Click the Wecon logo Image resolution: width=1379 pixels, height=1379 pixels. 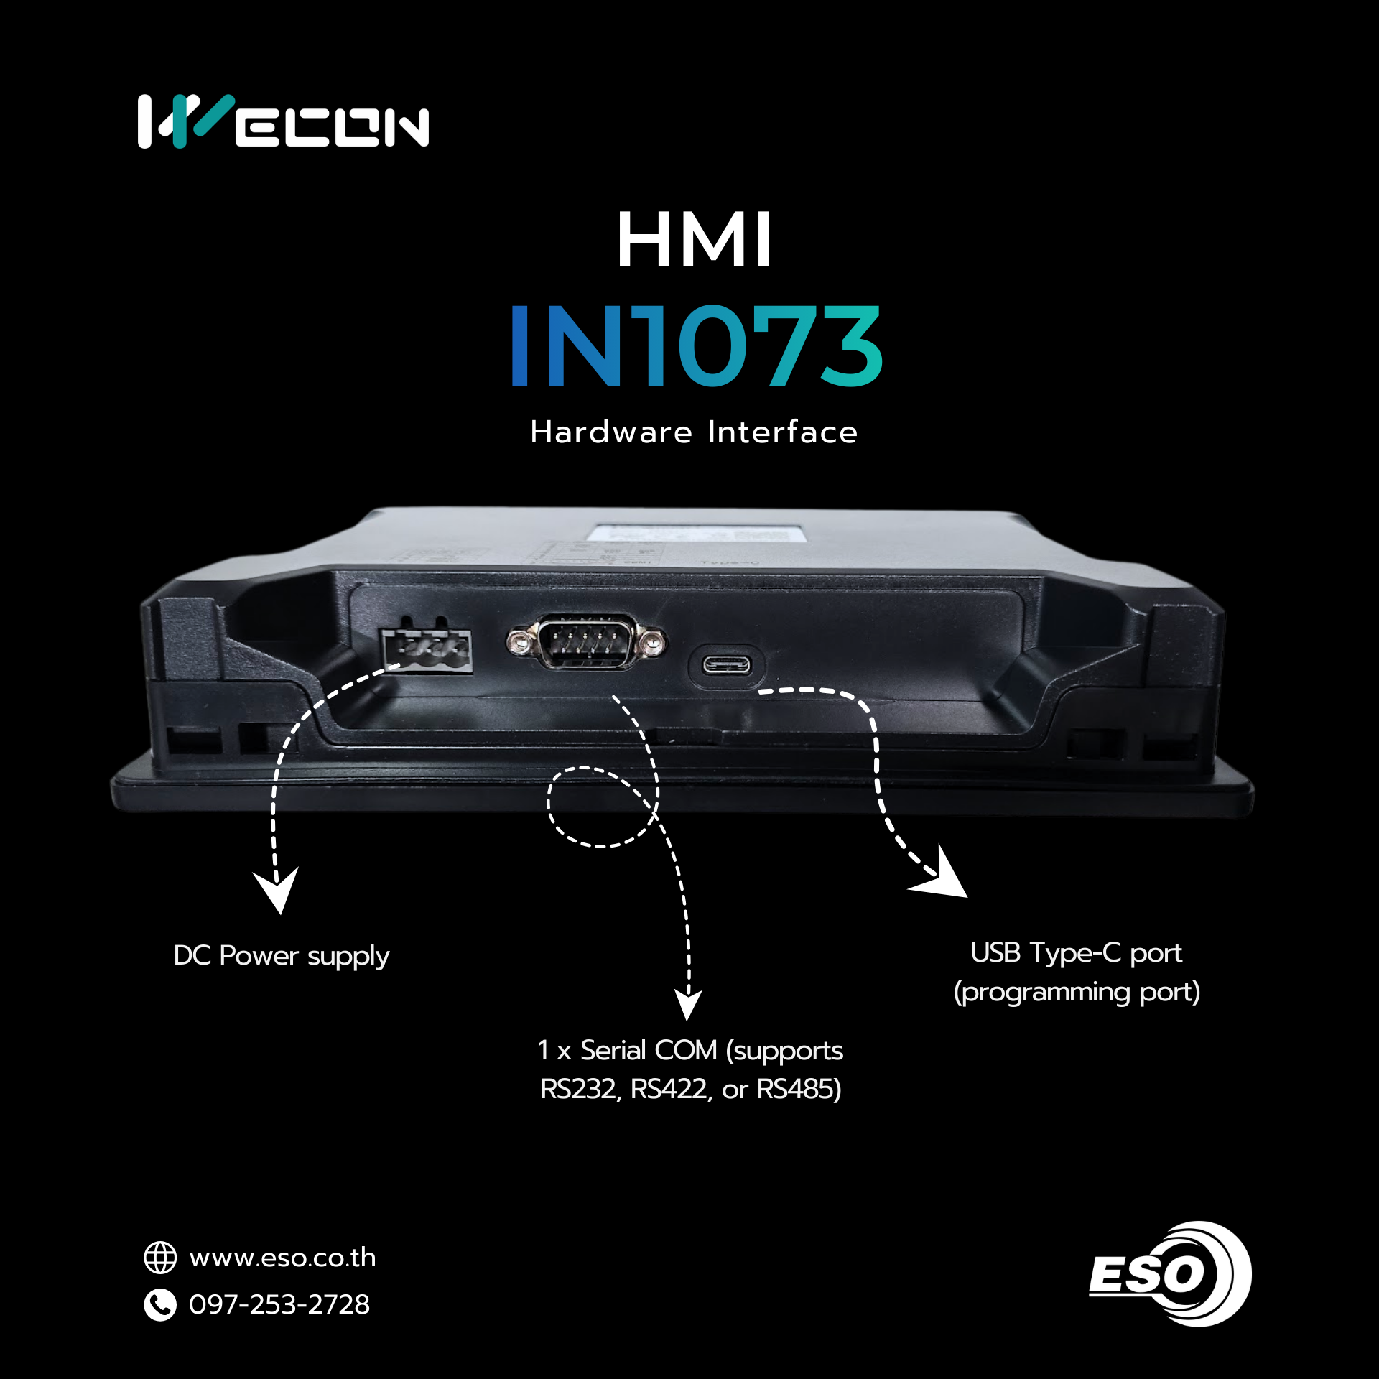(x=283, y=121)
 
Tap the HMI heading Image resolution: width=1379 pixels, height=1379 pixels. (x=695, y=241)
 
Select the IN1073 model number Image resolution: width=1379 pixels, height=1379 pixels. (x=696, y=345)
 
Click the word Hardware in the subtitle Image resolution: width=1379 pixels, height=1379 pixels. (x=611, y=432)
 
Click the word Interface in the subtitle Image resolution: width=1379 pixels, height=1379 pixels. (x=783, y=432)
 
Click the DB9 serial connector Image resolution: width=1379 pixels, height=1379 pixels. (x=586, y=641)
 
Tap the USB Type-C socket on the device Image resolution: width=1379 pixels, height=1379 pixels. (x=726, y=664)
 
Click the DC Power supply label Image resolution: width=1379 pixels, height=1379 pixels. (x=282, y=956)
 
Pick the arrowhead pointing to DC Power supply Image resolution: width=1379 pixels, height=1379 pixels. (x=277, y=890)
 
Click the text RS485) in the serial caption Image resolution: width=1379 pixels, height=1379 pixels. (x=799, y=1089)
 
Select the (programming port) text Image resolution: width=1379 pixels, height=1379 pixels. (x=1077, y=992)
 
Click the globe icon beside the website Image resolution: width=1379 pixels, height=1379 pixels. (x=160, y=1258)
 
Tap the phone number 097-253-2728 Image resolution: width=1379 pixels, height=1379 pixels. (x=279, y=1304)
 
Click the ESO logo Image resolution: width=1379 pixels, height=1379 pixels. (x=1170, y=1274)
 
